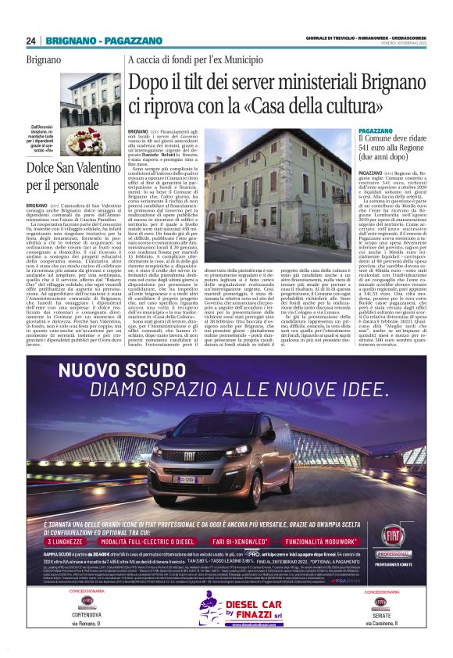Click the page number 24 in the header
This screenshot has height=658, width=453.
30,41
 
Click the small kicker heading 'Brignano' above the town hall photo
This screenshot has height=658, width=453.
44,60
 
